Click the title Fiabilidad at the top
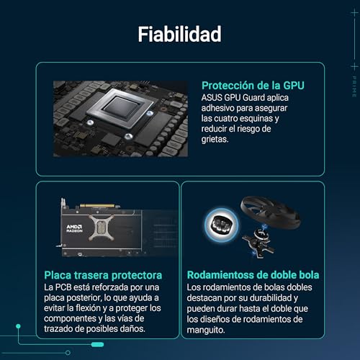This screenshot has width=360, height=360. click(179, 34)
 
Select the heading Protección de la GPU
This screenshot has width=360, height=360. click(252, 85)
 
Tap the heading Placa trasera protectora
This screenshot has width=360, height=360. click(102, 274)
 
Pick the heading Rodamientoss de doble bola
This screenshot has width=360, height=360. click(253, 274)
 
